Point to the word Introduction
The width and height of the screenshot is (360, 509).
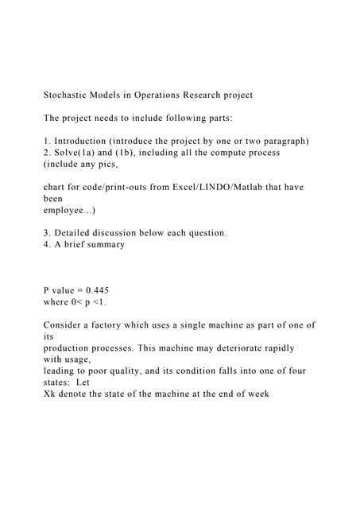click(83, 141)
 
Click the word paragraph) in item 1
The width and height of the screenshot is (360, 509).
click(285, 141)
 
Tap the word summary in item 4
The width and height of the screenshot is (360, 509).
click(104, 244)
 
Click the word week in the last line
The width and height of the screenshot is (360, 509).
click(258, 394)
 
